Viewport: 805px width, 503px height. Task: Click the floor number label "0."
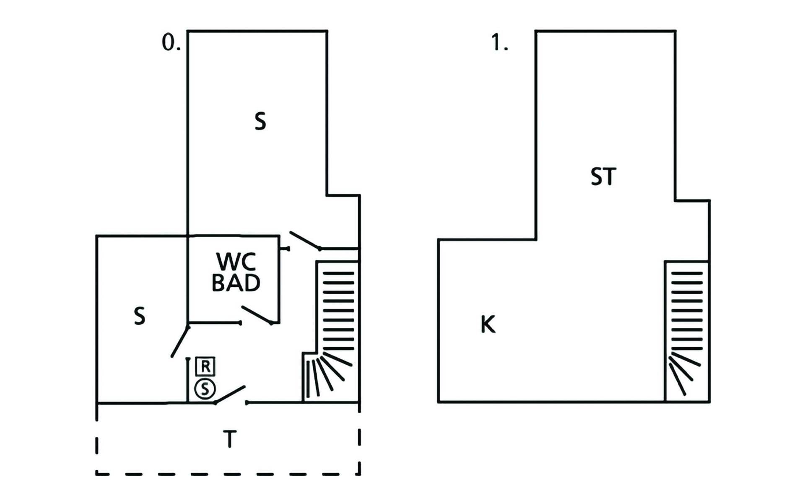(171, 43)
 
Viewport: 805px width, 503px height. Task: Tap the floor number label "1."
(499, 43)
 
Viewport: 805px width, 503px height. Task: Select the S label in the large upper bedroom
(260, 122)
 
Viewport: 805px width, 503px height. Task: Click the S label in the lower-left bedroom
(140, 316)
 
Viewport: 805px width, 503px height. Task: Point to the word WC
(236, 262)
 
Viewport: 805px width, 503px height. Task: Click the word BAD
(236, 283)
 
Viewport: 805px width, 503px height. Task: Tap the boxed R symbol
(205, 367)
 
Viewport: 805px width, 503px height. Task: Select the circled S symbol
(205, 389)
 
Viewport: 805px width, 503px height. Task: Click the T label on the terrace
(229, 439)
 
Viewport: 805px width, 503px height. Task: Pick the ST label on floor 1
(603, 176)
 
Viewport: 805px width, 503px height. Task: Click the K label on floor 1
(488, 324)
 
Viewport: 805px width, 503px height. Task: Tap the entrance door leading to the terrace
(230, 394)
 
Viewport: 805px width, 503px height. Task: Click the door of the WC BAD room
(257, 315)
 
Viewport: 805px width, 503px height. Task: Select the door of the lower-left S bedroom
(180, 342)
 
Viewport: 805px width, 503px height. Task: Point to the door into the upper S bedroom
(305, 240)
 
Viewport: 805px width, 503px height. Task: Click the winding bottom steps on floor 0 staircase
(327, 375)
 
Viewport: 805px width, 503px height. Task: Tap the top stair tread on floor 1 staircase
(687, 273)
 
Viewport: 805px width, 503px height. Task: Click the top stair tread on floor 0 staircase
(338, 273)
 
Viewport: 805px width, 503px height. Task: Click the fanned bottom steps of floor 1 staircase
(681, 373)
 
